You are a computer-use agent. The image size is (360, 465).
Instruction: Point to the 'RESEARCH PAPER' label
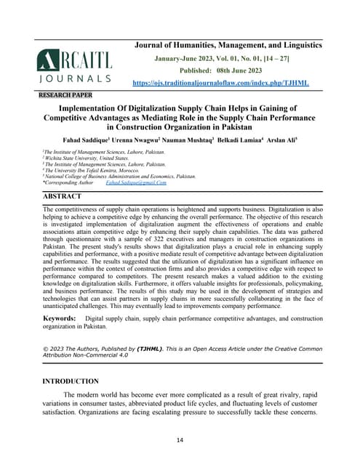pyautogui.click(x=67, y=95)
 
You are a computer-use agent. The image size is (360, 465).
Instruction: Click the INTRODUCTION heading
pyautogui.click(x=71, y=381)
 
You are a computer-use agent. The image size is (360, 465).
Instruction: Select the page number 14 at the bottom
pyautogui.click(x=180, y=440)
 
